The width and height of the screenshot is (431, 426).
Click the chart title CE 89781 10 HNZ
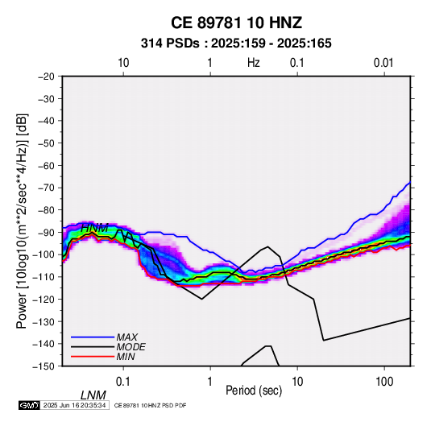click(236, 23)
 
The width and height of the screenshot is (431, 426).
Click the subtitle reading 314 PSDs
click(170, 43)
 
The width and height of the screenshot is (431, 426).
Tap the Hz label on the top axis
click(254, 63)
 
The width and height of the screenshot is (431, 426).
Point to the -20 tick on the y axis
click(46, 77)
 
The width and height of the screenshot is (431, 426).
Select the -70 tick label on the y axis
click(46, 188)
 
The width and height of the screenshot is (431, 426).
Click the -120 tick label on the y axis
click(44, 300)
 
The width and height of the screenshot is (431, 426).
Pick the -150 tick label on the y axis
click(44, 366)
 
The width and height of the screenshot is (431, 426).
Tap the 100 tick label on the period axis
click(384, 382)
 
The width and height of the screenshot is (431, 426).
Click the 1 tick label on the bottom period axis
click(209, 382)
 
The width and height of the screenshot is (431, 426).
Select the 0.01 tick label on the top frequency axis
click(383, 63)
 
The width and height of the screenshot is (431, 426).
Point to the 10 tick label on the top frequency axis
click(123, 63)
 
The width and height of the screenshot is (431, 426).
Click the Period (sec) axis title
click(254, 391)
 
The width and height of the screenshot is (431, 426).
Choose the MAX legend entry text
click(127, 337)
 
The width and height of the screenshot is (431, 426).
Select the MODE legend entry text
click(131, 347)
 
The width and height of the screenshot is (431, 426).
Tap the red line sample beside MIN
click(93, 357)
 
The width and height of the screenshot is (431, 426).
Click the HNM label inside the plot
click(94, 228)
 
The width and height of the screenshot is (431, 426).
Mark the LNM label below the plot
click(93, 395)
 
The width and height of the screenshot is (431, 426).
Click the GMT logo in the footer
click(29, 405)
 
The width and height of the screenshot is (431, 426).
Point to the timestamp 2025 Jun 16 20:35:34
click(74, 405)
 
